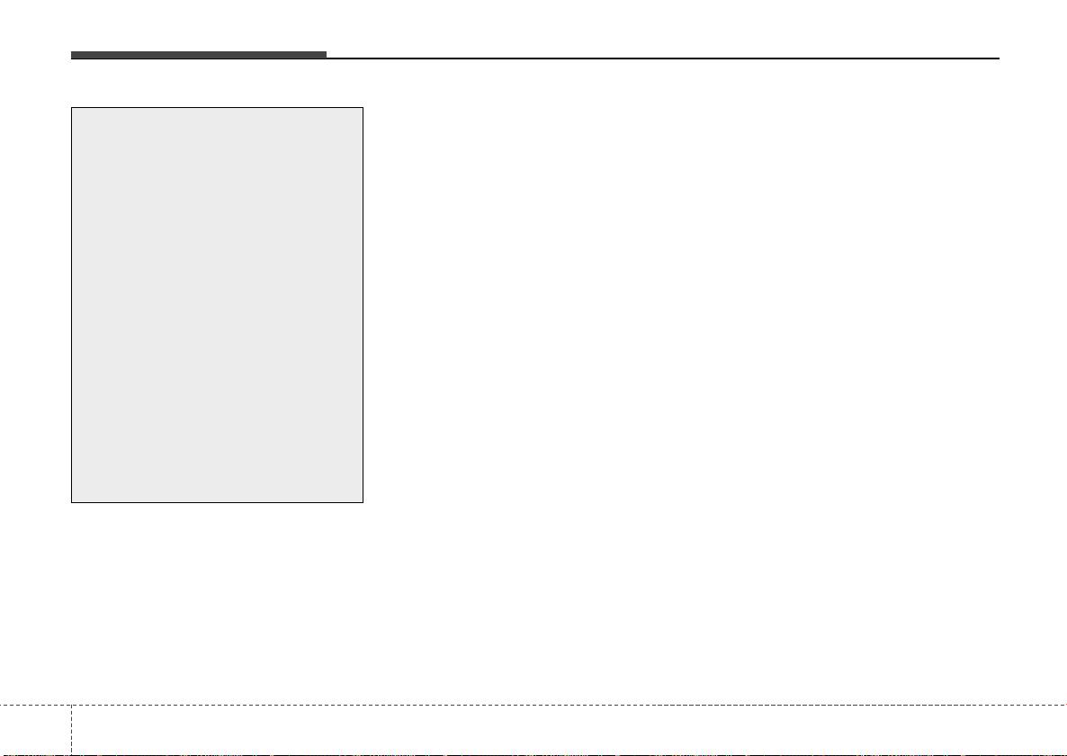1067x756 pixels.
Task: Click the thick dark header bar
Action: coord(199,56)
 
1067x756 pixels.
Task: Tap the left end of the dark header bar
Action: coord(73,56)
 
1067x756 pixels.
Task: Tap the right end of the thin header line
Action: coord(999,58)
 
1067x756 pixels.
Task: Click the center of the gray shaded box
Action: coord(217,305)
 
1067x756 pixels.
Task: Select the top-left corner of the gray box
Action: coord(72,108)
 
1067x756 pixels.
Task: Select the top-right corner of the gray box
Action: coord(363,108)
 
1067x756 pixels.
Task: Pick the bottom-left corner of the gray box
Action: coord(72,502)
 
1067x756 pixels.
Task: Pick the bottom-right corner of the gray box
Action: coord(363,502)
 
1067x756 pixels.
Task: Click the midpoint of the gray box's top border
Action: coord(217,108)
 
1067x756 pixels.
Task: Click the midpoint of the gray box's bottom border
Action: coord(217,502)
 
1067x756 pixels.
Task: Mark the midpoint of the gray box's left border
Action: coord(72,305)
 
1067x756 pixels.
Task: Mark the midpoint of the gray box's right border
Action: coord(363,305)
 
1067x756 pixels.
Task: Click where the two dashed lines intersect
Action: coord(71,704)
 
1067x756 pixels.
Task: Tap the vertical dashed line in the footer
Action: coord(71,729)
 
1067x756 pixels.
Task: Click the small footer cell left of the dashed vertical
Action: coord(35,730)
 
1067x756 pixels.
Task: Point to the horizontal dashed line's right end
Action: coord(1065,704)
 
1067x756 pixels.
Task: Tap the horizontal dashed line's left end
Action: coord(2,704)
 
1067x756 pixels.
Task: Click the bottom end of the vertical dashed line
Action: coord(71,754)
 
